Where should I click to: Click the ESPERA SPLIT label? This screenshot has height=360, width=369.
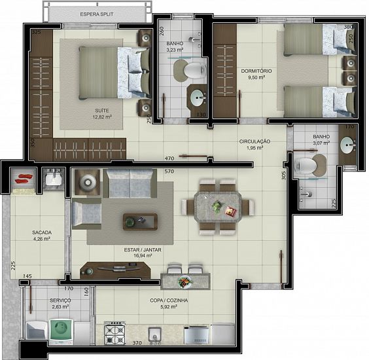coord(97,14)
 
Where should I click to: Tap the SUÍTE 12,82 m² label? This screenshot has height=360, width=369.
coord(102,114)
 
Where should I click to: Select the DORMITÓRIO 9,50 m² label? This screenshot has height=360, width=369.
coord(256,74)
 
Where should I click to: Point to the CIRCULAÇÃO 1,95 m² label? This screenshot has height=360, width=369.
coord(255,145)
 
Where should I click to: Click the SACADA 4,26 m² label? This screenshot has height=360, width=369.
coord(42,236)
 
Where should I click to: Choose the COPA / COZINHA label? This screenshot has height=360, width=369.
coord(169,300)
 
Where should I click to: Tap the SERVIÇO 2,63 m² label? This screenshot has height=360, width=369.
coord(60,304)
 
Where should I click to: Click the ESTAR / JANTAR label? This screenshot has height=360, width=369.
coord(143,250)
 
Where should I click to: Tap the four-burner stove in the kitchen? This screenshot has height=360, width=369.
coord(114,333)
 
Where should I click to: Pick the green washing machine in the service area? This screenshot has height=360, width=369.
coord(61,329)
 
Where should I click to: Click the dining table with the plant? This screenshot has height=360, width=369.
coord(218,207)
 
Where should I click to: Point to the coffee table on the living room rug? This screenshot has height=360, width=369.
coord(140,221)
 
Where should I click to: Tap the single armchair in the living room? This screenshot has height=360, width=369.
coord(87,213)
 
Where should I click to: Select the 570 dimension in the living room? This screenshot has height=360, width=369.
coord(169,171)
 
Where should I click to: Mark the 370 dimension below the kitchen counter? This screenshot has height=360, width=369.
coord(137,343)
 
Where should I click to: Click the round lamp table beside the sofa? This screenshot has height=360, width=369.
coord(88,182)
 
